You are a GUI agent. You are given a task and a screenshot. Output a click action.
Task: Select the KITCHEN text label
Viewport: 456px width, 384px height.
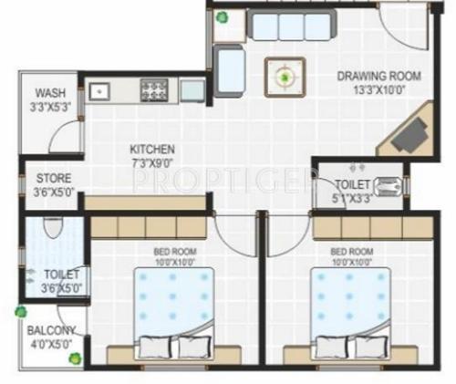pyautogui.click(x=151, y=149)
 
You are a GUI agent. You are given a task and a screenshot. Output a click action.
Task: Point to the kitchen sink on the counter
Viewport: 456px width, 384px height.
pyautogui.click(x=99, y=89)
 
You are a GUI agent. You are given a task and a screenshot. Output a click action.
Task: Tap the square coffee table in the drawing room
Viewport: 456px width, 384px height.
pyautogui.click(x=285, y=77)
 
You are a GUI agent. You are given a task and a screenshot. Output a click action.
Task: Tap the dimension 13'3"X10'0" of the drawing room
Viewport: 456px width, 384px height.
pyautogui.click(x=369, y=89)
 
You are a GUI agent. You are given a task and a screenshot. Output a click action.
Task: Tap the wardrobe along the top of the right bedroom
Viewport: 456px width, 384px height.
pyautogui.click(x=370, y=226)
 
